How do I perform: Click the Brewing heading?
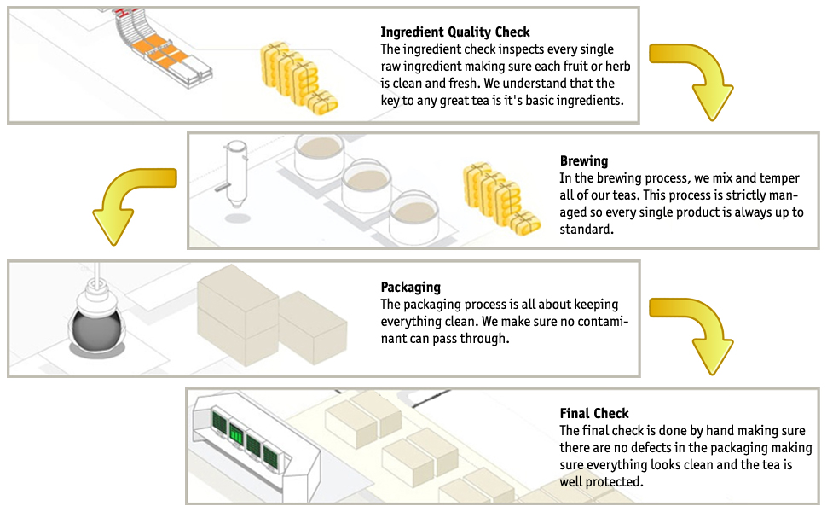tap(584, 160)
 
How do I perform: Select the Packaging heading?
tap(411, 288)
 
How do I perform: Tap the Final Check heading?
tap(594, 414)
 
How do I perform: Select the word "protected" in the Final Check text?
tap(612, 482)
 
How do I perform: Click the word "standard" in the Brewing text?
tap(587, 230)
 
